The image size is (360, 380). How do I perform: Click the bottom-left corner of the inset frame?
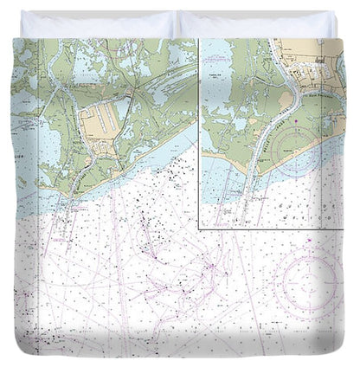(x=199, y=228)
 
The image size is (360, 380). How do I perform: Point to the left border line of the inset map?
(x=199, y=130)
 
